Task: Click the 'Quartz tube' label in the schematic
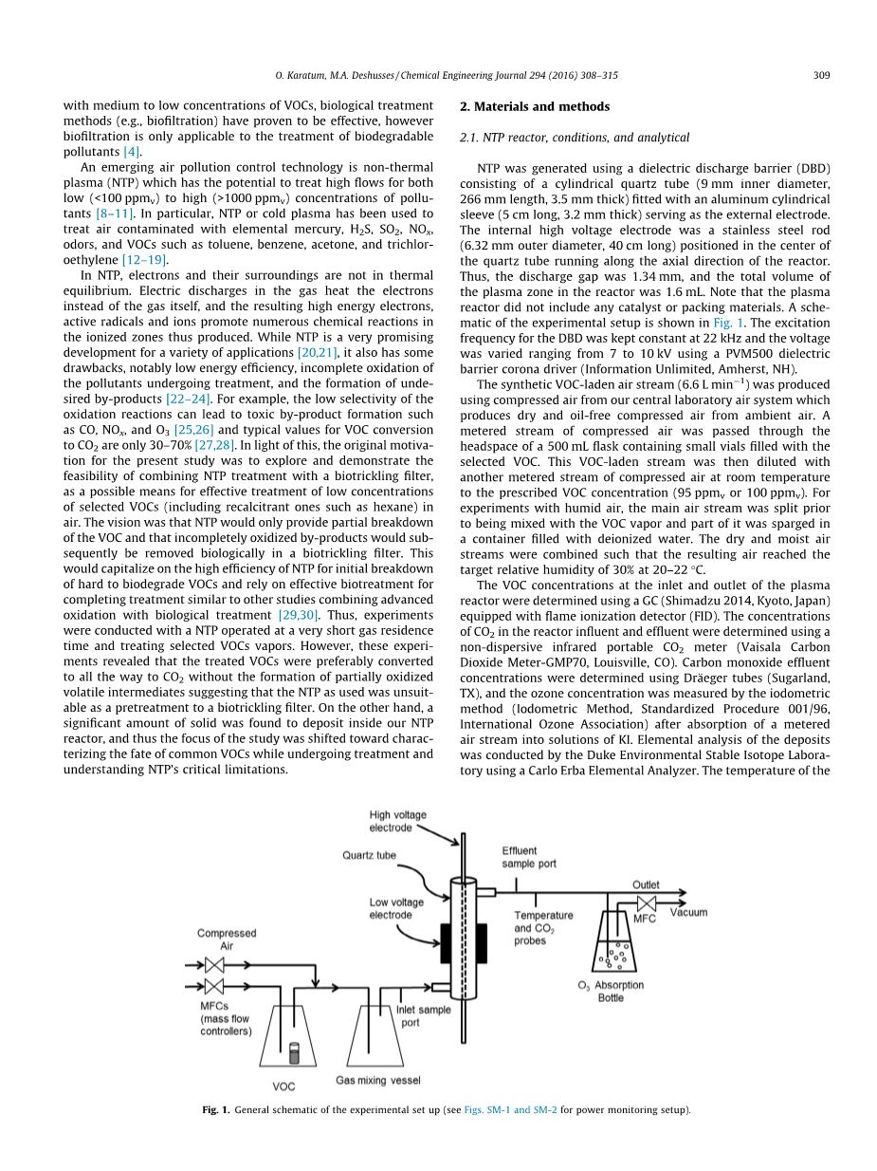[x=369, y=855]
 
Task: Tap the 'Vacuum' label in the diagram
[x=688, y=913]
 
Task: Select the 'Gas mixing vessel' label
[x=378, y=1080]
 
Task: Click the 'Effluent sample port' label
[x=529, y=858]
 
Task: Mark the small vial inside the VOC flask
[x=294, y=1052]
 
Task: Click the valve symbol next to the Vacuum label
[x=648, y=903]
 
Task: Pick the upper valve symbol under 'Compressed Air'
[x=213, y=965]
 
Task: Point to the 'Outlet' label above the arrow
[x=646, y=885]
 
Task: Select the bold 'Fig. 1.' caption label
[x=216, y=1109]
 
